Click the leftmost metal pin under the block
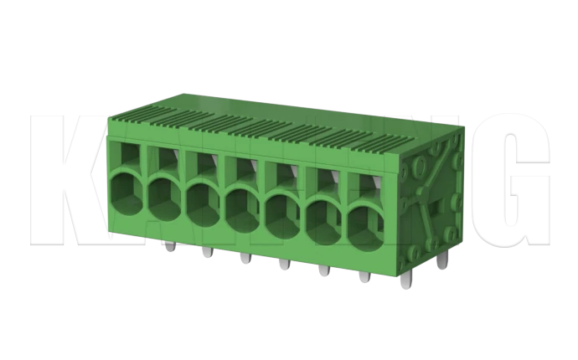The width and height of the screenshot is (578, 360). [x=170, y=247]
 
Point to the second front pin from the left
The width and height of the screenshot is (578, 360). [x=207, y=253]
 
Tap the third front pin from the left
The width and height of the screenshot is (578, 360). [x=245, y=259]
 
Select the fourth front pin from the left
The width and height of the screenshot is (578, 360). [x=284, y=265]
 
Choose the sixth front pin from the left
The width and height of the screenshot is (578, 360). [x=363, y=277]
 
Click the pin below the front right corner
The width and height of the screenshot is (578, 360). [x=406, y=282]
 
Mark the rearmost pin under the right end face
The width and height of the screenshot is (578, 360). [x=441, y=262]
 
